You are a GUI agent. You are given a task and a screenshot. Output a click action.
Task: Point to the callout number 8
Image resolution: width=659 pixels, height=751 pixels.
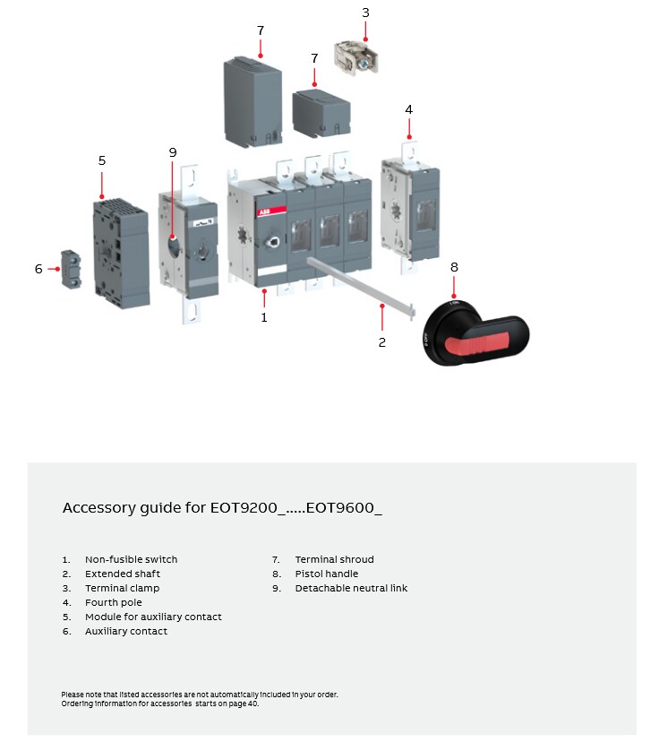tap(454, 267)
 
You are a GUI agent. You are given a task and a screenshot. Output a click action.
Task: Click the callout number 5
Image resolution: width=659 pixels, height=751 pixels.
tap(102, 160)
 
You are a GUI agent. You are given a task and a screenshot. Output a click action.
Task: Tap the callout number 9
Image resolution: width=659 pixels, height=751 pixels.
tap(173, 152)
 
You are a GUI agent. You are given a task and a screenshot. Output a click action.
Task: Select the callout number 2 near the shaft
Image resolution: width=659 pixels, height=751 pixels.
tap(382, 342)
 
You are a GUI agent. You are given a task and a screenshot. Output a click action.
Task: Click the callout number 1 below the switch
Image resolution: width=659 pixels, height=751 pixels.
tap(264, 317)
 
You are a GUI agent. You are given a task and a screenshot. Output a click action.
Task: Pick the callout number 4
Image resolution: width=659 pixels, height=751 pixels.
tap(408, 109)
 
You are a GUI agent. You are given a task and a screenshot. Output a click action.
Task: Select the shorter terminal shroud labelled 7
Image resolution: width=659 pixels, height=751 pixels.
tap(321, 113)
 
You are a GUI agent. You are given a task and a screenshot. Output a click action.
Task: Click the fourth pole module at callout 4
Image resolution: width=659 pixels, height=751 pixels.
tap(410, 206)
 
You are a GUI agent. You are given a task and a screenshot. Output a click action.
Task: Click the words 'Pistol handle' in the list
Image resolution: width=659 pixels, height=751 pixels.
tap(326, 574)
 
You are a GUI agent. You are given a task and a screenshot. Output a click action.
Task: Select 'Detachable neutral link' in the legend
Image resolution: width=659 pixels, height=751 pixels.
tap(351, 588)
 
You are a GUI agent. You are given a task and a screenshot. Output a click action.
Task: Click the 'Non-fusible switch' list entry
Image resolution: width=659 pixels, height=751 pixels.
tap(131, 559)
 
